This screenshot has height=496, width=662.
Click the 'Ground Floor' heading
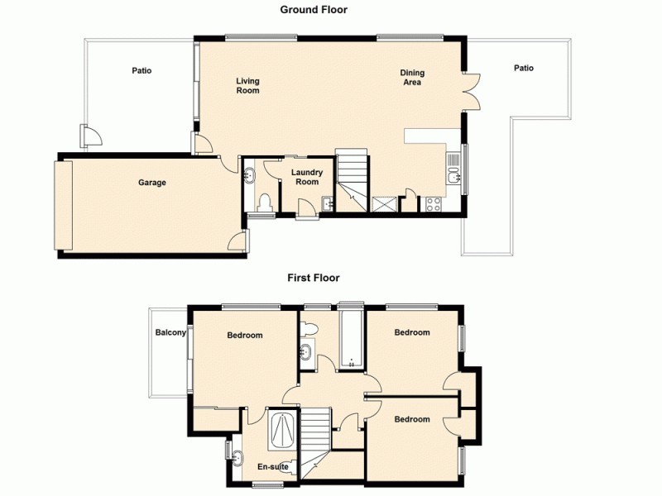(314, 10)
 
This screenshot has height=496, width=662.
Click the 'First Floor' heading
(314, 278)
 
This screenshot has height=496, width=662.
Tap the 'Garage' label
(151, 183)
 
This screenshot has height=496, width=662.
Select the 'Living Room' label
(247, 85)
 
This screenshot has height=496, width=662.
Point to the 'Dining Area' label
(411, 77)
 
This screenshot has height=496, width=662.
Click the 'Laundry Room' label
(306, 177)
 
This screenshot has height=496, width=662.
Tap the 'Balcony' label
(170, 333)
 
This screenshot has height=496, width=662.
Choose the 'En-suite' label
(273, 467)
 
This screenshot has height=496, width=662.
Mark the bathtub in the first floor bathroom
(352, 339)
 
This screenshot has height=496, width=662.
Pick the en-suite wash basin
(238, 457)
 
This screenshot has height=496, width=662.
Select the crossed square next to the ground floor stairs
(384, 204)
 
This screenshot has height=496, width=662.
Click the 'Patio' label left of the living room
(142, 71)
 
